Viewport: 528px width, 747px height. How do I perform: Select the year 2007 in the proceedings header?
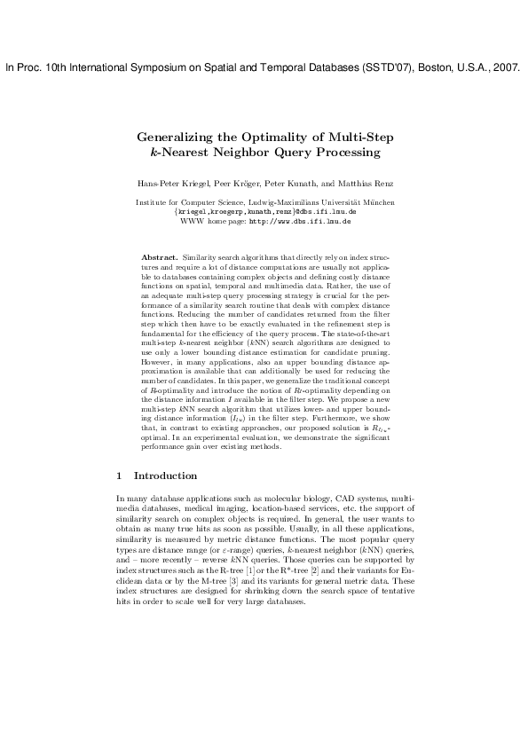503,67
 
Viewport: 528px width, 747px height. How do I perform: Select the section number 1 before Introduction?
121,476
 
